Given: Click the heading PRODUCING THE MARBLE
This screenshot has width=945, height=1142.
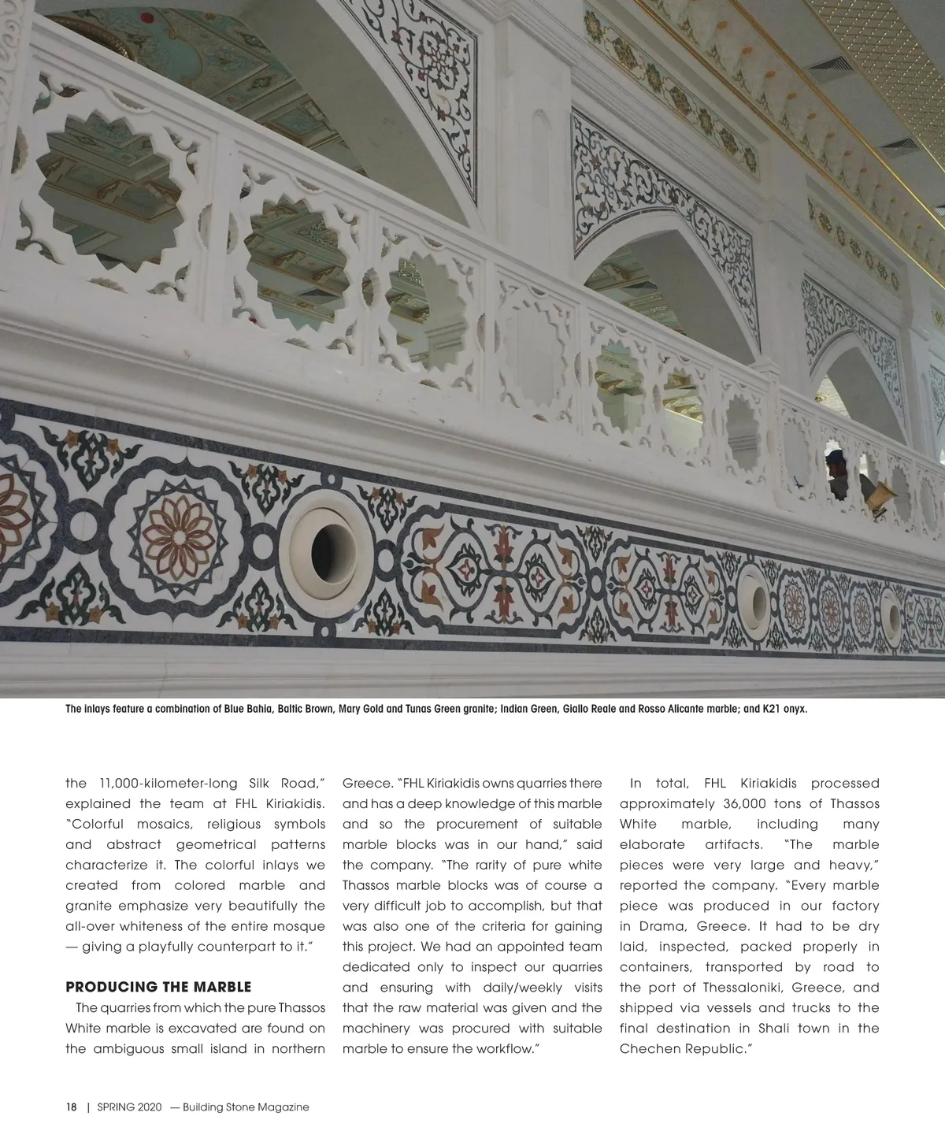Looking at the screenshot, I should click(158, 988).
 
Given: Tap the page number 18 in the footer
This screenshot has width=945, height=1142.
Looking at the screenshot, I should click(71, 1107).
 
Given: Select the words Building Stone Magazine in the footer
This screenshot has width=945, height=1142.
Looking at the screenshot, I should click(245, 1107).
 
